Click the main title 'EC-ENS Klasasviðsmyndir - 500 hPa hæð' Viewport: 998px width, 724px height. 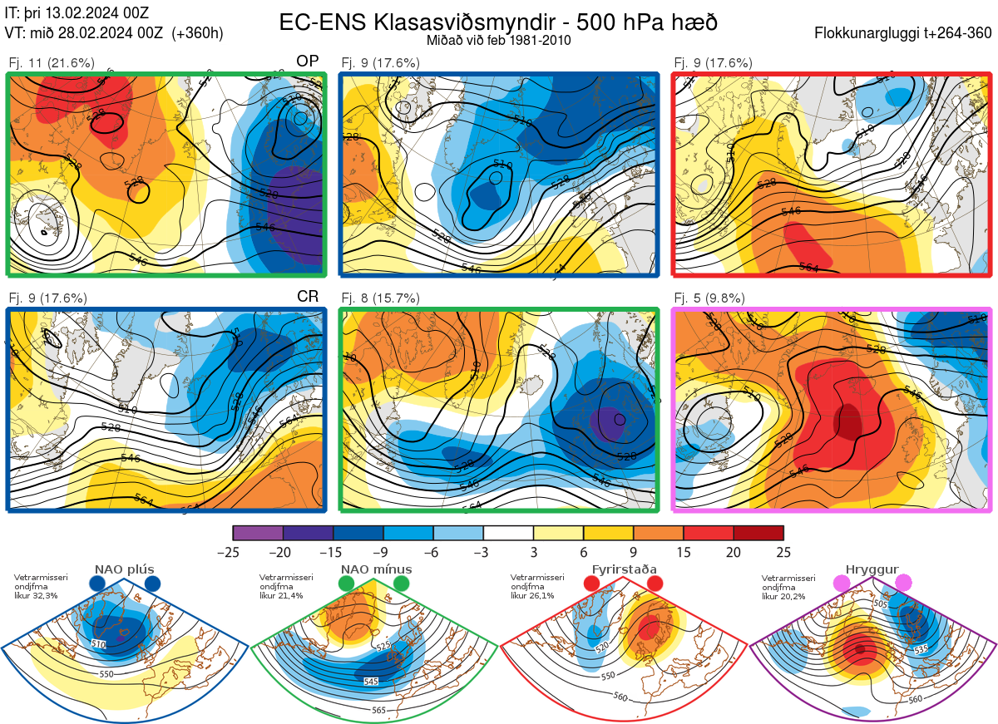coord(498,22)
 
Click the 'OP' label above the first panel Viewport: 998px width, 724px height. coord(308,62)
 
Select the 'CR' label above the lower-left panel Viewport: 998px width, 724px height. coord(308,297)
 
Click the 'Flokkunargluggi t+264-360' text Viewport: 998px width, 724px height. coord(906,33)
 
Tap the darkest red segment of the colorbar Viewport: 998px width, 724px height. coord(758,533)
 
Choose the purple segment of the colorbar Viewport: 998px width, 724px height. coord(258,533)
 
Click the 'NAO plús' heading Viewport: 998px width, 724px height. coord(124,569)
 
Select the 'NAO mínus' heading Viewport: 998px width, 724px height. coord(376,569)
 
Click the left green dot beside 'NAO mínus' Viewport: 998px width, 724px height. coord(347,584)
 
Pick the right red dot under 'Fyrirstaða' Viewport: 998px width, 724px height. coord(655,584)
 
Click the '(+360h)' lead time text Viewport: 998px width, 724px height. coord(197,33)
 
